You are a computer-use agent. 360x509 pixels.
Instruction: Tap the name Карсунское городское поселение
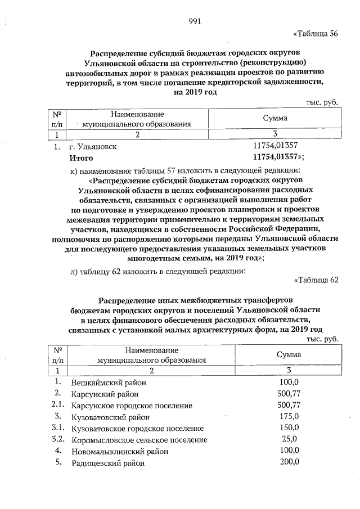pyautogui.click(x=132, y=405)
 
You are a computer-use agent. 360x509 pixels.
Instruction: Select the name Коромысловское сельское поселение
pyautogui.click(x=139, y=439)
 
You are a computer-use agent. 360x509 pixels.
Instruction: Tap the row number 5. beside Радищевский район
pyautogui.click(x=58, y=462)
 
